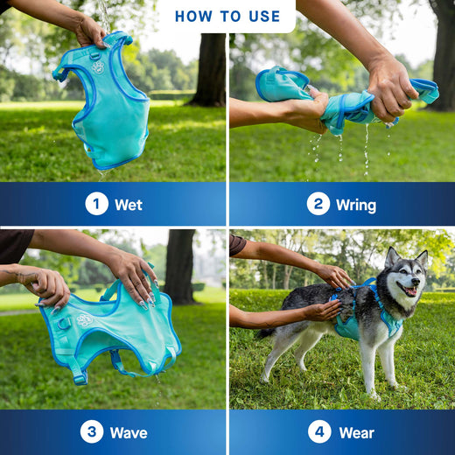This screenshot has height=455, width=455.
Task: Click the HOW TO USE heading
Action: click(x=227, y=16)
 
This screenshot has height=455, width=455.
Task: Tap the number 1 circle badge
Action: click(x=96, y=204)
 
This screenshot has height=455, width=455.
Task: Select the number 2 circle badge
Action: click(x=318, y=204)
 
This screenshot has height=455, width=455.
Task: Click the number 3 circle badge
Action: click(x=91, y=431)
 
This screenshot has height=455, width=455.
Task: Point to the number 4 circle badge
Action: click(x=319, y=431)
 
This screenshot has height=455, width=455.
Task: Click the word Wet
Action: click(x=128, y=205)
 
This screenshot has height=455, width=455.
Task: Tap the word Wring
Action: click(x=355, y=205)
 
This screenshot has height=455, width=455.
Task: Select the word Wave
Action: click(x=128, y=432)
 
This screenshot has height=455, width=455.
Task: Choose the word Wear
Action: click(x=356, y=432)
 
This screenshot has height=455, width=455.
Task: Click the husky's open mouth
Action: click(x=408, y=290)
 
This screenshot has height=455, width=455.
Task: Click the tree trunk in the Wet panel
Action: click(x=211, y=70)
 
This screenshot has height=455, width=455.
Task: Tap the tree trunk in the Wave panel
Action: click(x=180, y=267)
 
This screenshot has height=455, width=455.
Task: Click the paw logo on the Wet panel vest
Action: click(x=98, y=67)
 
